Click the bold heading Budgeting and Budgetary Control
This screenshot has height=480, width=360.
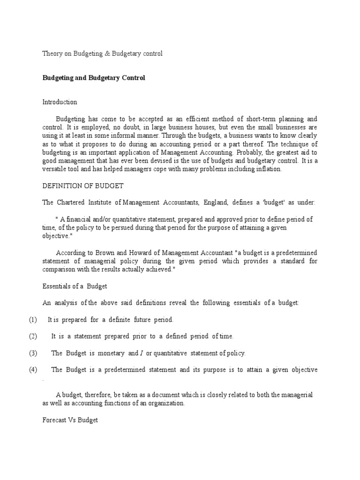pyautogui.click(x=94, y=78)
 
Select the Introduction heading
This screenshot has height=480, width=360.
pyautogui.click(x=60, y=102)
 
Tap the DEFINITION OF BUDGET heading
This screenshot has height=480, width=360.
pyautogui.click(x=83, y=186)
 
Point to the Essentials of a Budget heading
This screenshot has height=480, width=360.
pyautogui.click(x=75, y=286)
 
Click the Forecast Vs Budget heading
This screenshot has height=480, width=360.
pyautogui.click(x=70, y=420)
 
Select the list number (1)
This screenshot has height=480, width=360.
pyautogui.click(x=32, y=320)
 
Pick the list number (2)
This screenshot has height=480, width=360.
pyautogui.click(x=32, y=337)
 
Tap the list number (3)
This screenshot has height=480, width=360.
pyautogui.click(x=32, y=353)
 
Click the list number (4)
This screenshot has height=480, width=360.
pyautogui.click(x=32, y=370)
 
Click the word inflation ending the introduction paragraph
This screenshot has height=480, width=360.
pyautogui.click(x=268, y=169)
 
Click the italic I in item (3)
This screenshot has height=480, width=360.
pyautogui.click(x=142, y=353)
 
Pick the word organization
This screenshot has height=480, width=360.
pyautogui.click(x=167, y=404)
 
